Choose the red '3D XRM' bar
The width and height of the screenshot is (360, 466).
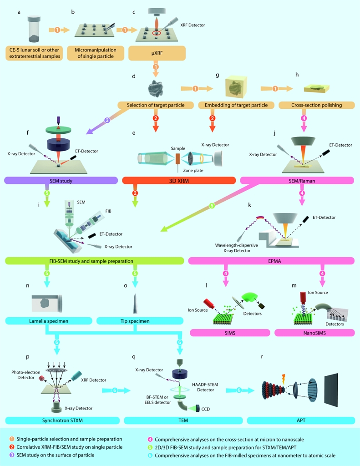[179, 181]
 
